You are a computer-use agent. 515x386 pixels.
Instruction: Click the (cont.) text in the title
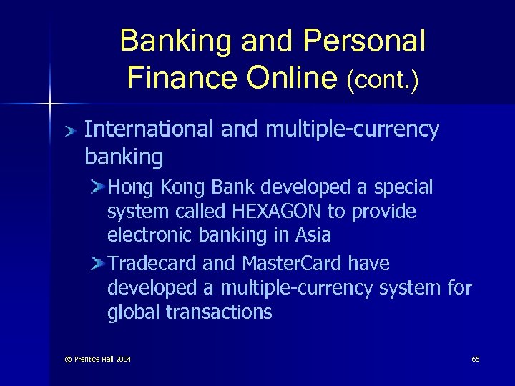(382, 78)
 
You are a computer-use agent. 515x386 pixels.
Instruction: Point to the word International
(148, 129)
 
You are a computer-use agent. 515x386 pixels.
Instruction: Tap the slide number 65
(476, 359)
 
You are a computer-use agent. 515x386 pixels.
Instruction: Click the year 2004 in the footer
(122, 359)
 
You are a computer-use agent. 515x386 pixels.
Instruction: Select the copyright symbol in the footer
(68, 359)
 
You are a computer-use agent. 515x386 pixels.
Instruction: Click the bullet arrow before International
(69, 131)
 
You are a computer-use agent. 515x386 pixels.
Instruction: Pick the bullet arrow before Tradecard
(97, 264)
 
